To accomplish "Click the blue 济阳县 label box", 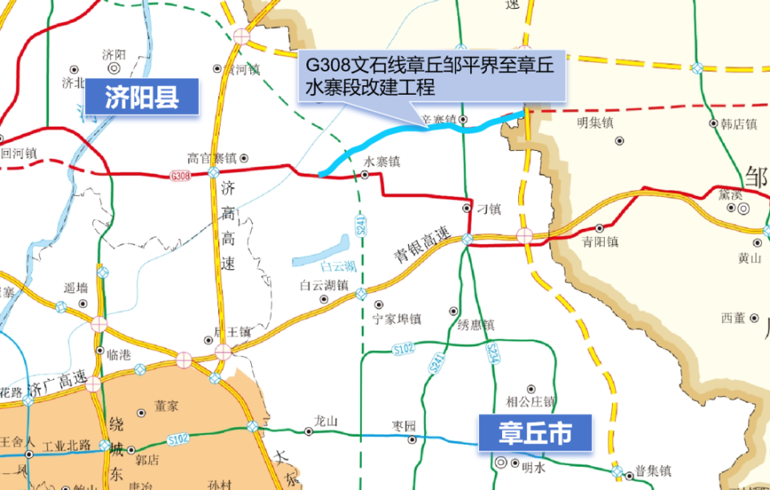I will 141,97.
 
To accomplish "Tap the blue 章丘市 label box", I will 535,434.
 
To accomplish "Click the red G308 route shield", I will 180,175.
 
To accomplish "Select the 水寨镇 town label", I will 381,161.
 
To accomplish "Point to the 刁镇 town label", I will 488,209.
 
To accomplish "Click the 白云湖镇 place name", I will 323,285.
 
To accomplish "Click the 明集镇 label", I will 594,124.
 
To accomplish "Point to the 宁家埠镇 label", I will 397,318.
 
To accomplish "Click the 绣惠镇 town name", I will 476,325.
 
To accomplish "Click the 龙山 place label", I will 326,421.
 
